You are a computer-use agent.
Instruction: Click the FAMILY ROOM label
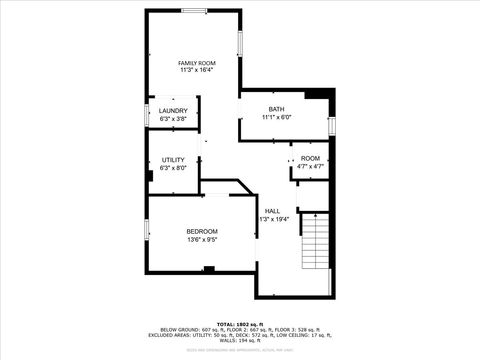(197, 62)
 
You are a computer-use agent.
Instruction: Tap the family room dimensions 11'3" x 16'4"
(197, 70)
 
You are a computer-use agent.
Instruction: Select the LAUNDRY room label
(173, 111)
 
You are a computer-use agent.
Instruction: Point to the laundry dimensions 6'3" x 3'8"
(173, 119)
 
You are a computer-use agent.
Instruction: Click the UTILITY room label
(173, 160)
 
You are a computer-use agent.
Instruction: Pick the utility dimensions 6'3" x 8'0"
(173, 168)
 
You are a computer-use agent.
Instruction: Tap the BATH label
(276, 109)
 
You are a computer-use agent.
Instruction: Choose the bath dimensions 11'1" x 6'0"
(276, 117)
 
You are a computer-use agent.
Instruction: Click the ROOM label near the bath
(311, 159)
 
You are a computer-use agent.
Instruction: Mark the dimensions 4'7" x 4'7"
(311, 167)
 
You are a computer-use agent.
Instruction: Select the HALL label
(272, 210)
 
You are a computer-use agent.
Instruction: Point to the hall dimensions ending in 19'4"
(273, 219)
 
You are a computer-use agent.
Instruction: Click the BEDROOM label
(202, 231)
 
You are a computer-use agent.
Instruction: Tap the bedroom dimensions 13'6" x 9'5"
(202, 240)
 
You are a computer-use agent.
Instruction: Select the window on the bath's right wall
(331, 125)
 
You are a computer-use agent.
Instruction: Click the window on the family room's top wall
(194, 11)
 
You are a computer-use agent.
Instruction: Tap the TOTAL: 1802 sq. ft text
(240, 324)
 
